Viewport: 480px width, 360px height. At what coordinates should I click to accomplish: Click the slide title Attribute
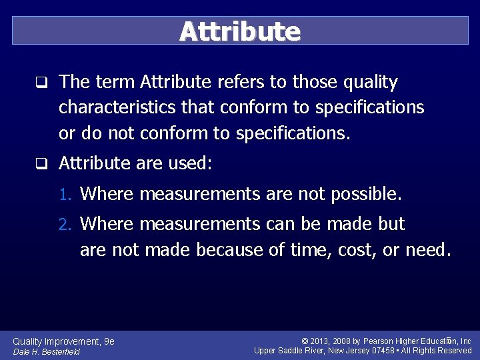point(240,31)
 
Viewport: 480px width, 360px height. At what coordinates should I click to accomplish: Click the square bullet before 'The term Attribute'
point(41,83)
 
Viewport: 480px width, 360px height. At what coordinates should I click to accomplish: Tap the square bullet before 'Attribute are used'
point(41,164)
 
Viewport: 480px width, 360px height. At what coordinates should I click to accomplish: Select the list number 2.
point(64,225)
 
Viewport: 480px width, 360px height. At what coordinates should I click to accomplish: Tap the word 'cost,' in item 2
point(358,251)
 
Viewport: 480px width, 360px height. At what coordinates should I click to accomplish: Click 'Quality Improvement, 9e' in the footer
point(63,341)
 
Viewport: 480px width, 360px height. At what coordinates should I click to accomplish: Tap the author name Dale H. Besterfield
point(46,351)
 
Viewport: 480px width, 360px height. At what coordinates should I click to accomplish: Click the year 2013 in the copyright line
point(321,341)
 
